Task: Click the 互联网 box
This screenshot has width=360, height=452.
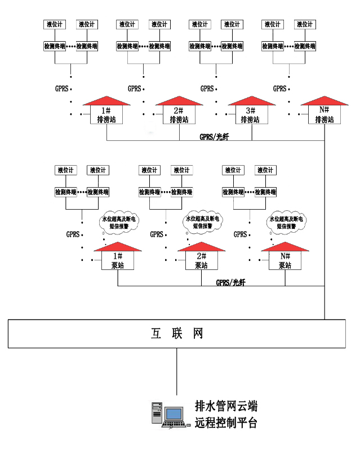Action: (177, 334)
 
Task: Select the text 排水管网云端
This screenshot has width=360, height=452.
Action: (226, 406)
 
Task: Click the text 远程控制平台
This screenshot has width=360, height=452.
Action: (226, 423)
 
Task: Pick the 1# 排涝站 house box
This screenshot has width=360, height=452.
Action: (106, 115)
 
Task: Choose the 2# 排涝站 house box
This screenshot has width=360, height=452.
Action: (179, 115)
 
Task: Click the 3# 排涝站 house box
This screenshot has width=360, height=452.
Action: (251, 115)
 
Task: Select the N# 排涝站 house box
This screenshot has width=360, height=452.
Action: (325, 115)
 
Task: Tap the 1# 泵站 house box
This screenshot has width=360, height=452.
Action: (118, 260)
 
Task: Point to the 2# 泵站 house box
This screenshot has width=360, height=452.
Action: (201, 260)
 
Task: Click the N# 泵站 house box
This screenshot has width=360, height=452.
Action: (285, 260)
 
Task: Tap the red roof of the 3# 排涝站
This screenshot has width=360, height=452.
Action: (251, 100)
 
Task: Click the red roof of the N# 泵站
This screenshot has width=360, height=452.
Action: (285, 246)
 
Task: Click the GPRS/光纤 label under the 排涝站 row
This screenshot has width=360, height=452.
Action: (215, 137)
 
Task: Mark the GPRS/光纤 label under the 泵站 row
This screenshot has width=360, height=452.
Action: (231, 282)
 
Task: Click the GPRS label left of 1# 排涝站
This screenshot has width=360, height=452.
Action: (61, 88)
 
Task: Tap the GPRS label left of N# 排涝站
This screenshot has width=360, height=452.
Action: (280, 88)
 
